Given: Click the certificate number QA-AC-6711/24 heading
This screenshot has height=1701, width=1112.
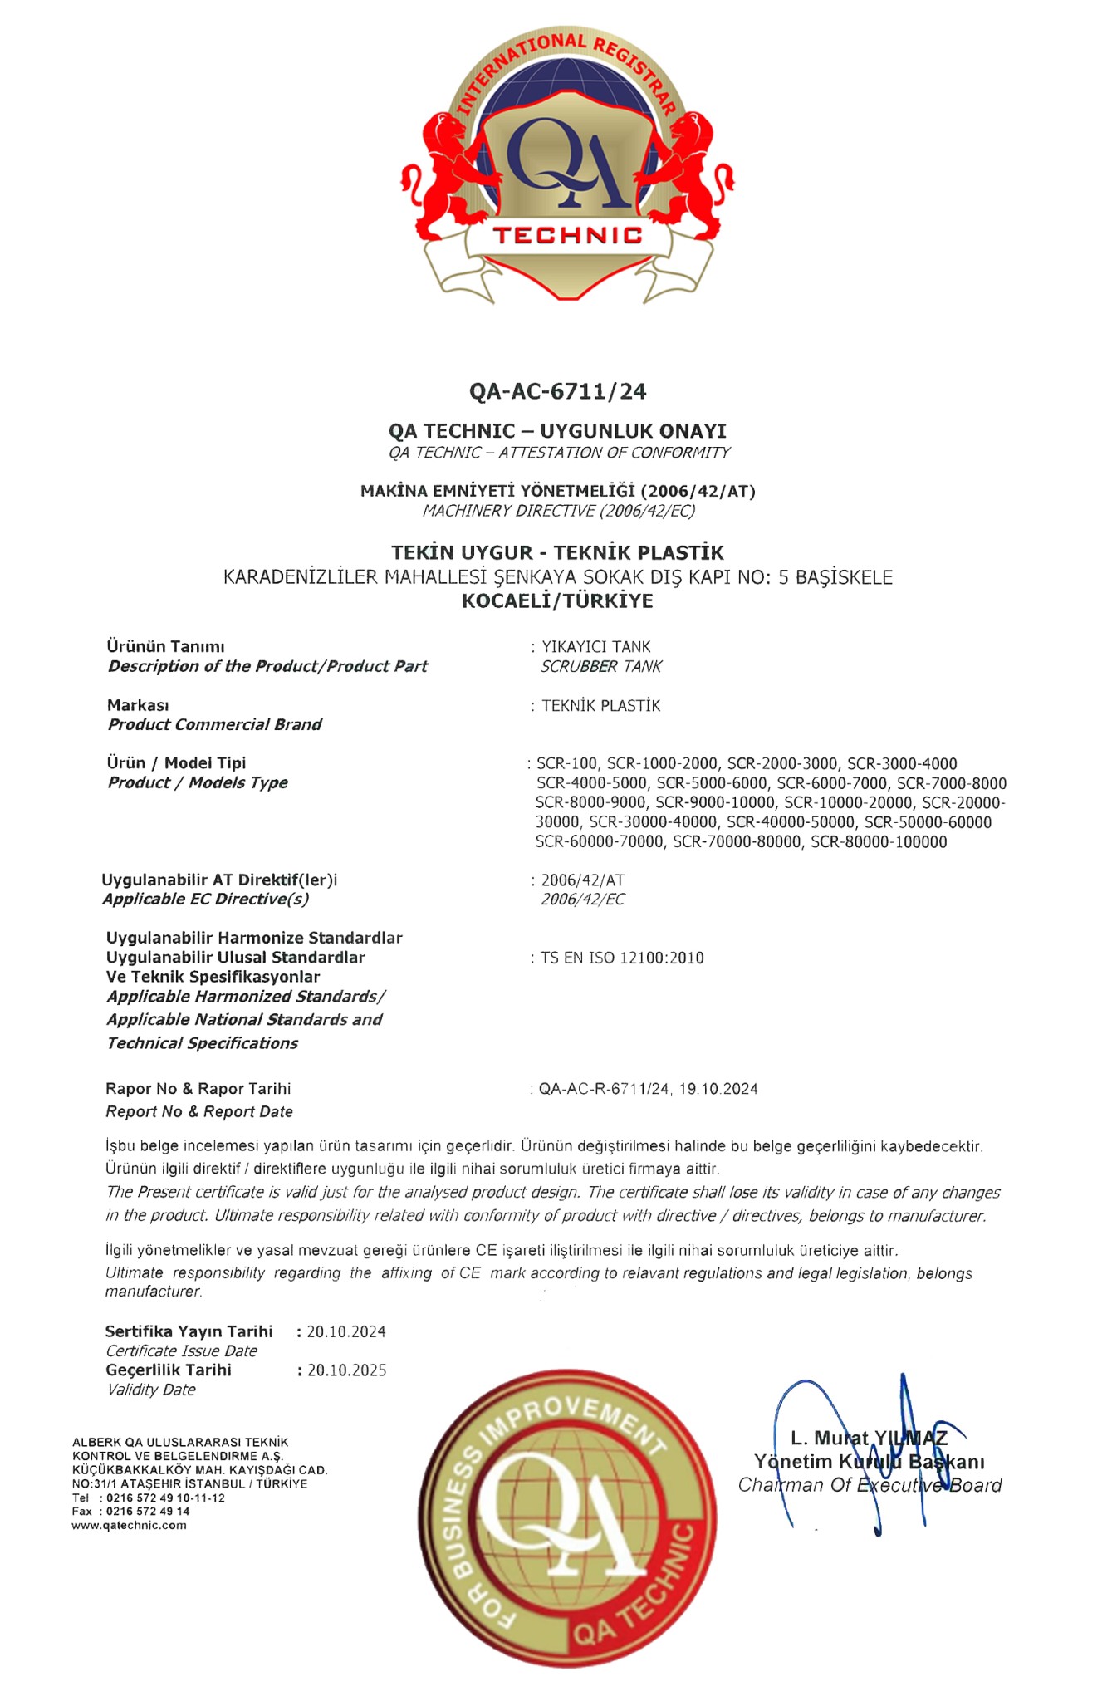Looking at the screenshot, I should pos(557,391).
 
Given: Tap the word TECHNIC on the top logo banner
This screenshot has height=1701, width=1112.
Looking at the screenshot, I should pos(567,235).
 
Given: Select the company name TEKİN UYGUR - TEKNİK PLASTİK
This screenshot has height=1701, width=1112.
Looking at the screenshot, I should pos(557,552).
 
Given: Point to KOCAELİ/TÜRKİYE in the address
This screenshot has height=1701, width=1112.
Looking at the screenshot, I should pos(557,600).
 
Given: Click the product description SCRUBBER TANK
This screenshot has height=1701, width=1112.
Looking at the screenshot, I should pos(601,666).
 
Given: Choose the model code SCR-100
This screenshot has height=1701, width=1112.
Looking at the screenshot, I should pos(567,763).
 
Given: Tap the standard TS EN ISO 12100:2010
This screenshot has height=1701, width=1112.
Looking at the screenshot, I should pos(622,958).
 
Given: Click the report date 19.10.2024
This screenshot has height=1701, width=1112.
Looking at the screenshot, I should pos(718,1089).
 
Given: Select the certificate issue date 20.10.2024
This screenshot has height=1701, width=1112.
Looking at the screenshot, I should pos(346,1332).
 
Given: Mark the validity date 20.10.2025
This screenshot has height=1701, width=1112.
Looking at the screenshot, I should pos(347,1370).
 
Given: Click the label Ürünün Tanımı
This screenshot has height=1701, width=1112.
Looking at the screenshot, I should pos(166,646).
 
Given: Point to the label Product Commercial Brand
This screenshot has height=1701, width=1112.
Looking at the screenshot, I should pos(214,724).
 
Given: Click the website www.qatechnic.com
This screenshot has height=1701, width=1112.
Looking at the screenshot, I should pos(129,1526).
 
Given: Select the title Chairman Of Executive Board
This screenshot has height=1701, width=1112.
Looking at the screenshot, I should pos(870,1485).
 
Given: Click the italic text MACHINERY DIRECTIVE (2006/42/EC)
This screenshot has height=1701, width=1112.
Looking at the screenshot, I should pos(559,511).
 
